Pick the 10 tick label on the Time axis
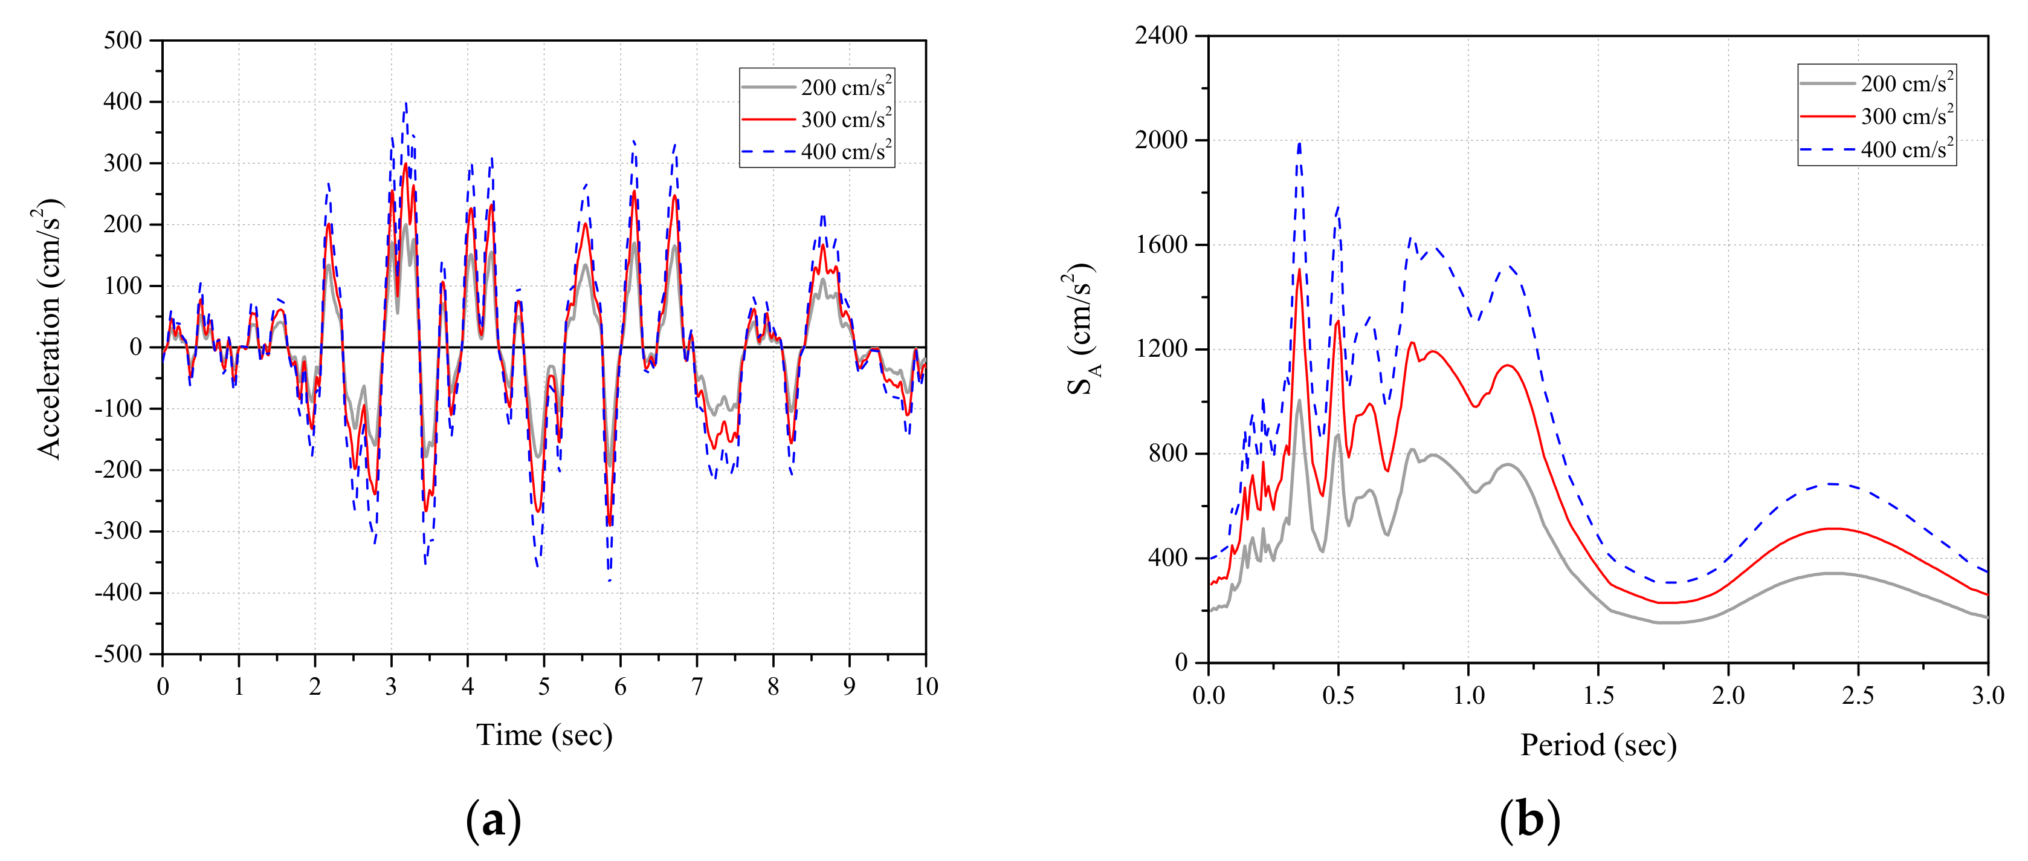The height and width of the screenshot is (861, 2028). click(926, 687)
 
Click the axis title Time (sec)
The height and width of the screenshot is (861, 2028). click(544, 736)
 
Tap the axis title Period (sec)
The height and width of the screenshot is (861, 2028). click(1598, 745)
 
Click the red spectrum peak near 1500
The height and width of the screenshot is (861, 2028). click(1299, 270)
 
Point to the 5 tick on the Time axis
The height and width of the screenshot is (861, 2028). click(544, 687)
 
